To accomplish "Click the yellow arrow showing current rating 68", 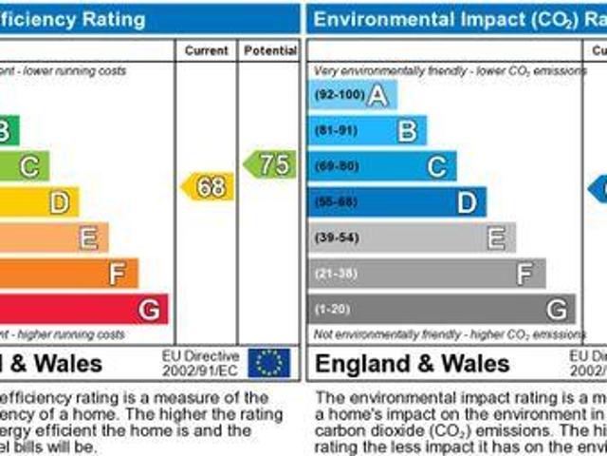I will (208, 186).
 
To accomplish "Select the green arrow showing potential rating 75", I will (270, 163).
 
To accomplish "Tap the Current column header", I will (206, 50).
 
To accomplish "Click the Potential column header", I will (269, 50).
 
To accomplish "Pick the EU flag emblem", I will (269, 362).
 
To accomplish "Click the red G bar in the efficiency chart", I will (85, 309).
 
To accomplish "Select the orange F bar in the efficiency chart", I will (71, 274).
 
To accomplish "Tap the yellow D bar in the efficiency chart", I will (43, 201).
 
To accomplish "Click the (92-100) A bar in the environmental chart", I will (352, 95).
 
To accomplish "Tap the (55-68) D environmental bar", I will (396, 201).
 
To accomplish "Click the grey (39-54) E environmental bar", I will (411, 237).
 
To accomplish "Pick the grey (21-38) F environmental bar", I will (426, 274).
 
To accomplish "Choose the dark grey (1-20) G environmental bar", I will (441, 309).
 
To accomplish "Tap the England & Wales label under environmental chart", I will (412, 363).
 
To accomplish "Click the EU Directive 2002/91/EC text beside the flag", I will (200, 362).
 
